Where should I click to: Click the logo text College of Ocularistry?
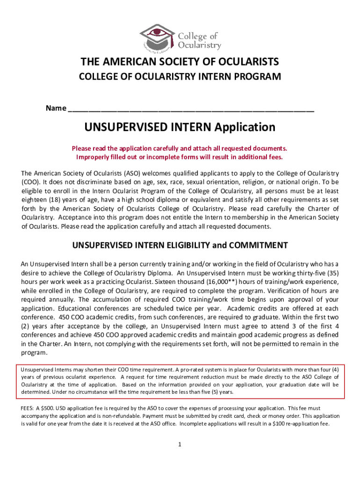(x=199, y=41)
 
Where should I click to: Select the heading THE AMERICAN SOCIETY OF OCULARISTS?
(x=180, y=62)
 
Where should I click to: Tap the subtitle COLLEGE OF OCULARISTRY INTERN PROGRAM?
(x=180, y=76)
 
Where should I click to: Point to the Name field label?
(x=55, y=109)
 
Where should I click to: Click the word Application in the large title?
(x=245, y=127)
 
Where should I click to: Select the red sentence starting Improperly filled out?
(x=180, y=157)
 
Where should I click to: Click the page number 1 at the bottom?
(x=180, y=444)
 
